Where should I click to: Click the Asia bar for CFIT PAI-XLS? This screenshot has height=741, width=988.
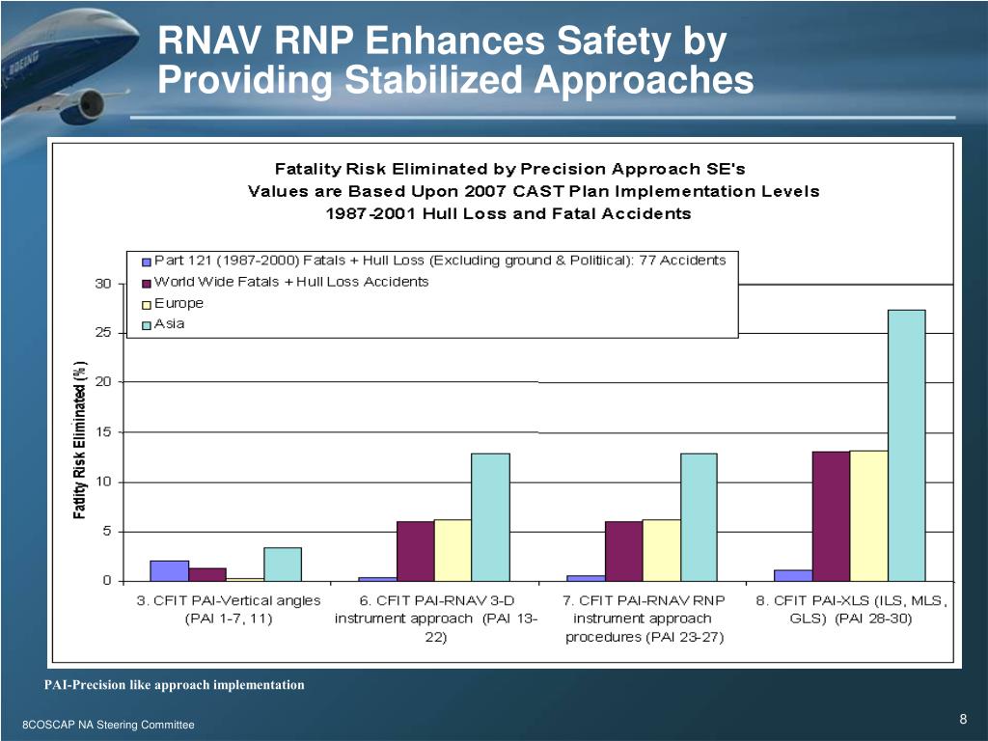point(906,445)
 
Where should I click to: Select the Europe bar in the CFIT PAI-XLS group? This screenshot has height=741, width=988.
point(868,515)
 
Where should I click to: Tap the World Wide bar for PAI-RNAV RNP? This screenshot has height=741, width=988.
point(623,550)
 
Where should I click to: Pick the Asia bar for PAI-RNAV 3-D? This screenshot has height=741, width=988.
point(490,516)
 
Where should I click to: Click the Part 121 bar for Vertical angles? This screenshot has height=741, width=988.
point(170,570)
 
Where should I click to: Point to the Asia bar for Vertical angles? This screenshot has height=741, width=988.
point(283,563)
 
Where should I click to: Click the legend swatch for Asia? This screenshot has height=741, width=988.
point(147,325)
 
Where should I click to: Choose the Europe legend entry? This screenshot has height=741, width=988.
point(178,303)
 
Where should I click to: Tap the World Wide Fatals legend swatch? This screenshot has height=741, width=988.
point(147,283)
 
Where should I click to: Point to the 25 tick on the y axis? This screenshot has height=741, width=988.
point(102,333)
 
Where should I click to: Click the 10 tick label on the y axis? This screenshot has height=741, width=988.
point(102,481)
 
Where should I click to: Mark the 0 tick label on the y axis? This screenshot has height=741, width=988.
point(107,581)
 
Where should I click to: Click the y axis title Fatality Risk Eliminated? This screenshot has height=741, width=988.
point(81,439)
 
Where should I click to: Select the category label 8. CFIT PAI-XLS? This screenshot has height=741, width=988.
point(852,610)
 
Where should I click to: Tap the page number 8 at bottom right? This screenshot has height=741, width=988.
point(963,719)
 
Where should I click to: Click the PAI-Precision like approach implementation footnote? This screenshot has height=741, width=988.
point(174,685)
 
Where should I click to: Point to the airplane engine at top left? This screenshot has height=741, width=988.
point(85,103)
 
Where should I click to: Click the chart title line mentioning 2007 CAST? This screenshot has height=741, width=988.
point(534,191)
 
